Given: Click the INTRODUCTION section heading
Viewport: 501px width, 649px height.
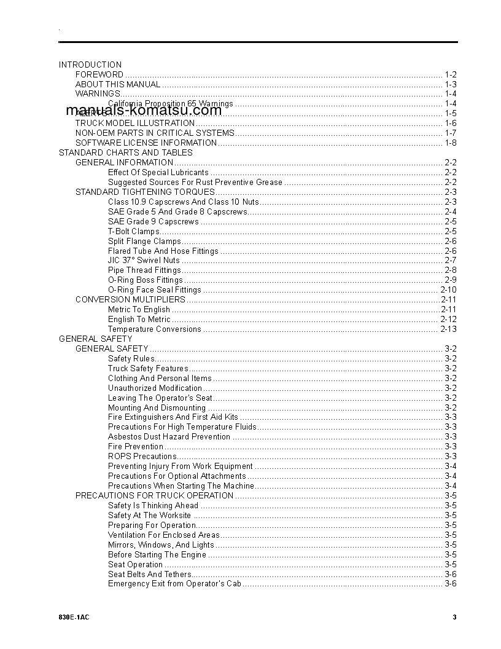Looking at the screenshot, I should pyautogui.click(x=90, y=65).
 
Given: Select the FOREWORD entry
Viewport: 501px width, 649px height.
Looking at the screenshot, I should pyautogui.click(x=99, y=74).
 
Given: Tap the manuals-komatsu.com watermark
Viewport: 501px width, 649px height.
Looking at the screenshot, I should pyautogui.click(x=143, y=111).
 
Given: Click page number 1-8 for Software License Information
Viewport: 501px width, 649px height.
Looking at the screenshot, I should pyautogui.click(x=451, y=143).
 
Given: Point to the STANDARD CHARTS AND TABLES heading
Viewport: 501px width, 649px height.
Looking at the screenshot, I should pyautogui.click(x=125, y=152).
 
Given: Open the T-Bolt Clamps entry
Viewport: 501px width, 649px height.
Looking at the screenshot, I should pyautogui.click(x=133, y=231).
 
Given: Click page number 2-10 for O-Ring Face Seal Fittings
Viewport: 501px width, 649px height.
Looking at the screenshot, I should pyautogui.click(x=448, y=290).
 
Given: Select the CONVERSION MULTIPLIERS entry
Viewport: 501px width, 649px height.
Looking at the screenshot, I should pyautogui.click(x=130, y=300).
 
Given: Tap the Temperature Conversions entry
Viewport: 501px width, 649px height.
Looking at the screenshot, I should pyautogui.click(x=154, y=329).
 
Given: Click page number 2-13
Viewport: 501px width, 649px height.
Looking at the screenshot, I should pyautogui.click(x=448, y=329).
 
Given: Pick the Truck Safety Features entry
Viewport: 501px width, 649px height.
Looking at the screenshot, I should pyautogui.click(x=148, y=369).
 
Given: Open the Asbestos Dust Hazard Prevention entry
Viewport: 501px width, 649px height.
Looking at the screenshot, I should pyautogui.click(x=169, y=437).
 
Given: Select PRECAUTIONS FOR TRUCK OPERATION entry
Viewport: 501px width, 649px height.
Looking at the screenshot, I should pyautogui.click(x=154, y=496).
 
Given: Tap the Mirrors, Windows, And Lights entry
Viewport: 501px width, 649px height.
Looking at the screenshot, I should pyautogui.click(x=161, y=545).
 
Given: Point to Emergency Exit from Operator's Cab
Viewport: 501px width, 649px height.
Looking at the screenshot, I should pyautogui.click(x=174, y=584).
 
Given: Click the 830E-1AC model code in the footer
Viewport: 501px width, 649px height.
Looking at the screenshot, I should pyautogui.click(x=72, y=618).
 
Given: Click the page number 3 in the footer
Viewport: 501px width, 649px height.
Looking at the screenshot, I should pyautogui.click(x=454, y=618).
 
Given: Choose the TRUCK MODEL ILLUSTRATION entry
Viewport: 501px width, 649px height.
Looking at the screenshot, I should pyautogui.click(x=135, y=124).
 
